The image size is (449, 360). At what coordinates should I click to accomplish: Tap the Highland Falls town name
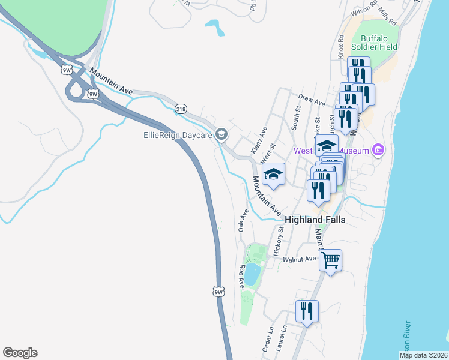[x=315, y=220]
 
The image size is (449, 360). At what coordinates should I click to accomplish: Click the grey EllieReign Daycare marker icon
[x=221, y=135]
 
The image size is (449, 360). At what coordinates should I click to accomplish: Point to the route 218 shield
[x=181, y=109]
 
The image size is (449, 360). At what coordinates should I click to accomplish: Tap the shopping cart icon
[x=330, y=260]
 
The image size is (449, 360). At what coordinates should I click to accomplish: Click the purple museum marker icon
[x=378, y=149]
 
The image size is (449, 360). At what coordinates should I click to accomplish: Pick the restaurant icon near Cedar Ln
[x=307, y=311]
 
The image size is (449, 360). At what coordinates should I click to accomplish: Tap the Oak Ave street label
[x=243, y=220]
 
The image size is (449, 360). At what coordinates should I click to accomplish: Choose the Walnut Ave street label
[x=300, y=259]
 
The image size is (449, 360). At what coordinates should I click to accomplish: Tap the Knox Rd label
[x=340, y=46]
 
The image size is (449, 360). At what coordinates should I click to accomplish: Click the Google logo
[x=20, y=353]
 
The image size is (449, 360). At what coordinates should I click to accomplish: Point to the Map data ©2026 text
[x=423, y=355]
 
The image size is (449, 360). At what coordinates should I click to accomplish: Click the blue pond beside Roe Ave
[x=252, y=274]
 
